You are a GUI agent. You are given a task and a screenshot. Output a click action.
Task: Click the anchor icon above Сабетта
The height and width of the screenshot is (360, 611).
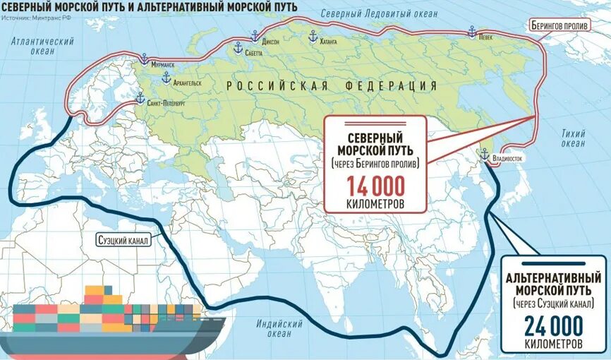coord(238,47)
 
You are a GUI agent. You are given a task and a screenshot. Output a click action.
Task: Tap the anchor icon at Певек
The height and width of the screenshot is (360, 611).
coord(472,32)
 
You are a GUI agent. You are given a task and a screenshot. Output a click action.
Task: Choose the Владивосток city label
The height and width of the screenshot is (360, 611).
coord(507,159)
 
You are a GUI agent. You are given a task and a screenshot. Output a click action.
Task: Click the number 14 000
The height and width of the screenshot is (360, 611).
coord(375,186)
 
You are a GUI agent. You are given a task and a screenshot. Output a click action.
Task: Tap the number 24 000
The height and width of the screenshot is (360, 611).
coord(553,326)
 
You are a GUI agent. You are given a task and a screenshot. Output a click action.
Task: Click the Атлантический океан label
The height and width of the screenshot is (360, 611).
coord(42,47)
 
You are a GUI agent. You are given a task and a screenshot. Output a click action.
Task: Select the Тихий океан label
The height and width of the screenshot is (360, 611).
coord(573,138)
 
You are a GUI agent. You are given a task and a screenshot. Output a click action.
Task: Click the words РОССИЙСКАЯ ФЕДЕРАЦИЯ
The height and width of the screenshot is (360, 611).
coord(332,85)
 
